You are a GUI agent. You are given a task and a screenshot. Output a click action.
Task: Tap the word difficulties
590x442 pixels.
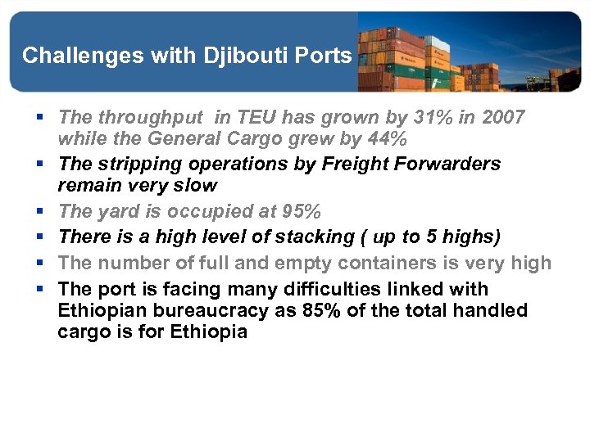[x=348, y=290]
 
